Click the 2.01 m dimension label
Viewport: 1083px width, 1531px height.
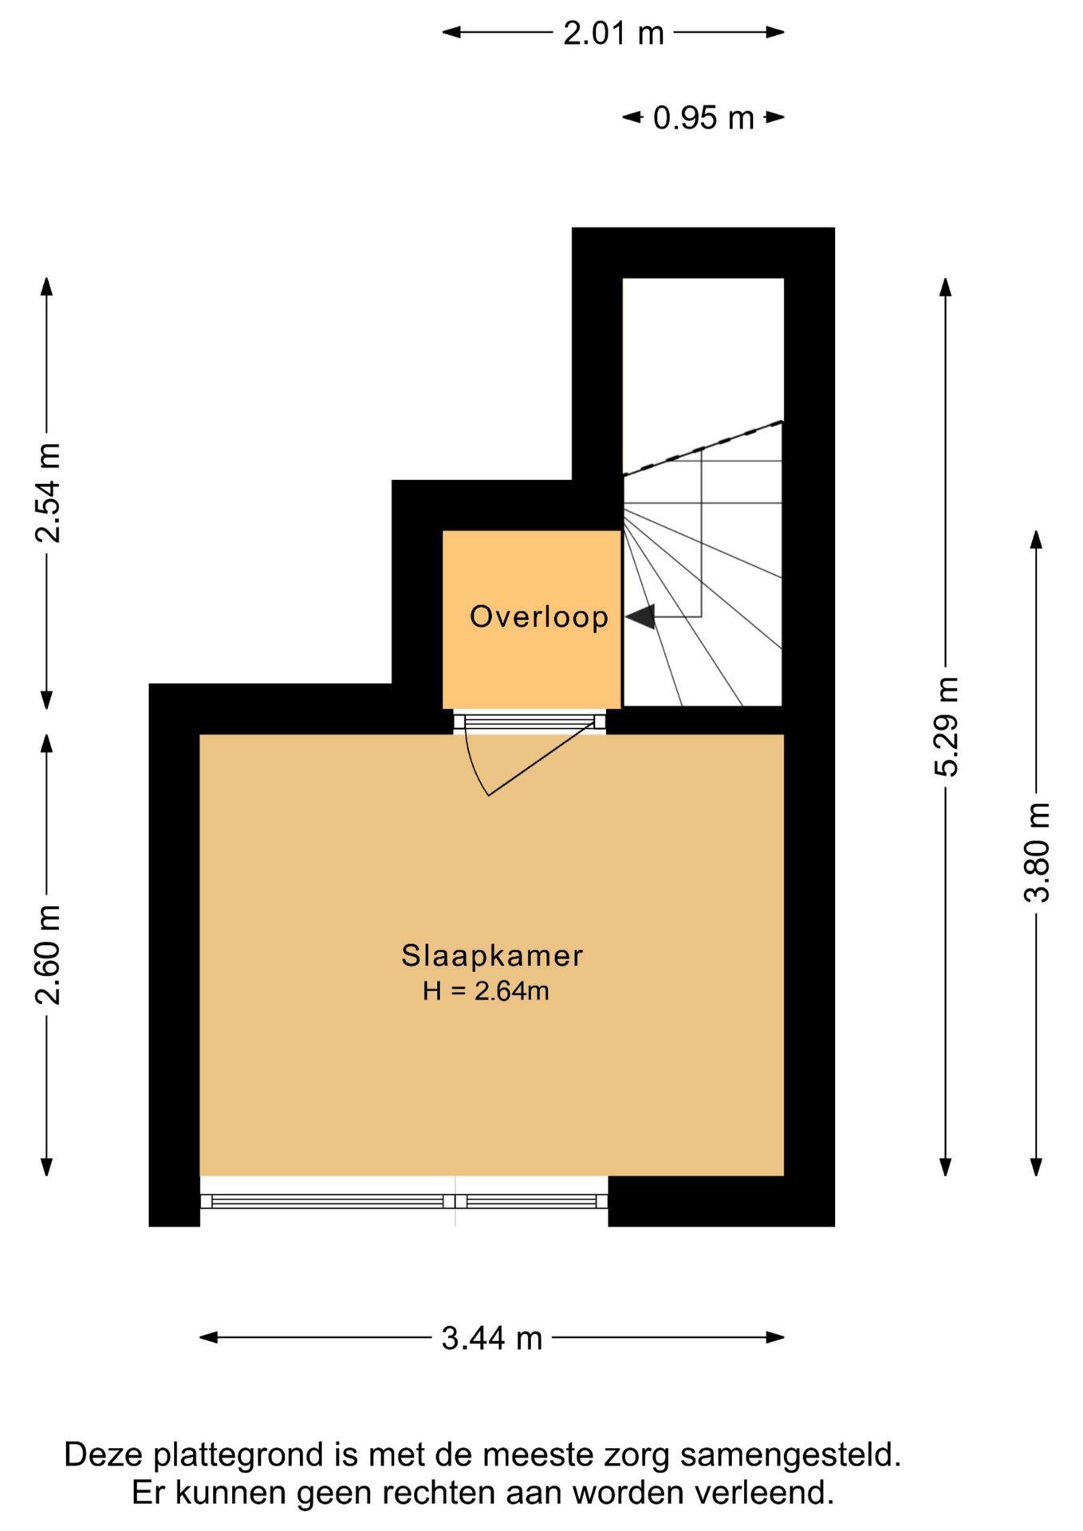pyautogui.click(x=613, y=33)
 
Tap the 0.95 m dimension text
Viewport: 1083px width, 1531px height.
pyautogui.click(x=703, y=118)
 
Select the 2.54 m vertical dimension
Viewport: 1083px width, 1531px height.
pyautogui.click(x=48, y=492)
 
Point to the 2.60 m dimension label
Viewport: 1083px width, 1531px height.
pyautogui.click(x=48, y=955)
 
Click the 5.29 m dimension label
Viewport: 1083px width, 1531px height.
pyautogui.click(x=947, y=726)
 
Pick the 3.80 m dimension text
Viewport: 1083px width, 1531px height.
pyautogui.click(x=1038, y=852)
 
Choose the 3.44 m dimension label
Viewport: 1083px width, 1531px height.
pyautogui.click(x=492, y=1338)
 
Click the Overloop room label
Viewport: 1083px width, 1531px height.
pyautogui.click(x=539, y=616)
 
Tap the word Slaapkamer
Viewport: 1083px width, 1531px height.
pyautogui.click(x=492, y=955)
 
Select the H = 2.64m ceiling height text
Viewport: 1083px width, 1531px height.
pyautogui.click(x=486, y=991)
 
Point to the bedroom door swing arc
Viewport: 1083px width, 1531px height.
pyautogui.click(x=473, y=765)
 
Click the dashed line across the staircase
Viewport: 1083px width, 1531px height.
pyautogui.click(x=703, y=448)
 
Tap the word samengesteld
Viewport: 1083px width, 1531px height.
pyautogui.click(x=790, y=1456)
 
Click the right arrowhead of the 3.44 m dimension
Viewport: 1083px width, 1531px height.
pyautogui.click(x=775, y=1337)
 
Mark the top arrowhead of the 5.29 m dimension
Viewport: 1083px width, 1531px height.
pyautogui.click(x=946, y=287)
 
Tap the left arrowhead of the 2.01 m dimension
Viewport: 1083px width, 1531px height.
pyautogui.click(x=452, y=33)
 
